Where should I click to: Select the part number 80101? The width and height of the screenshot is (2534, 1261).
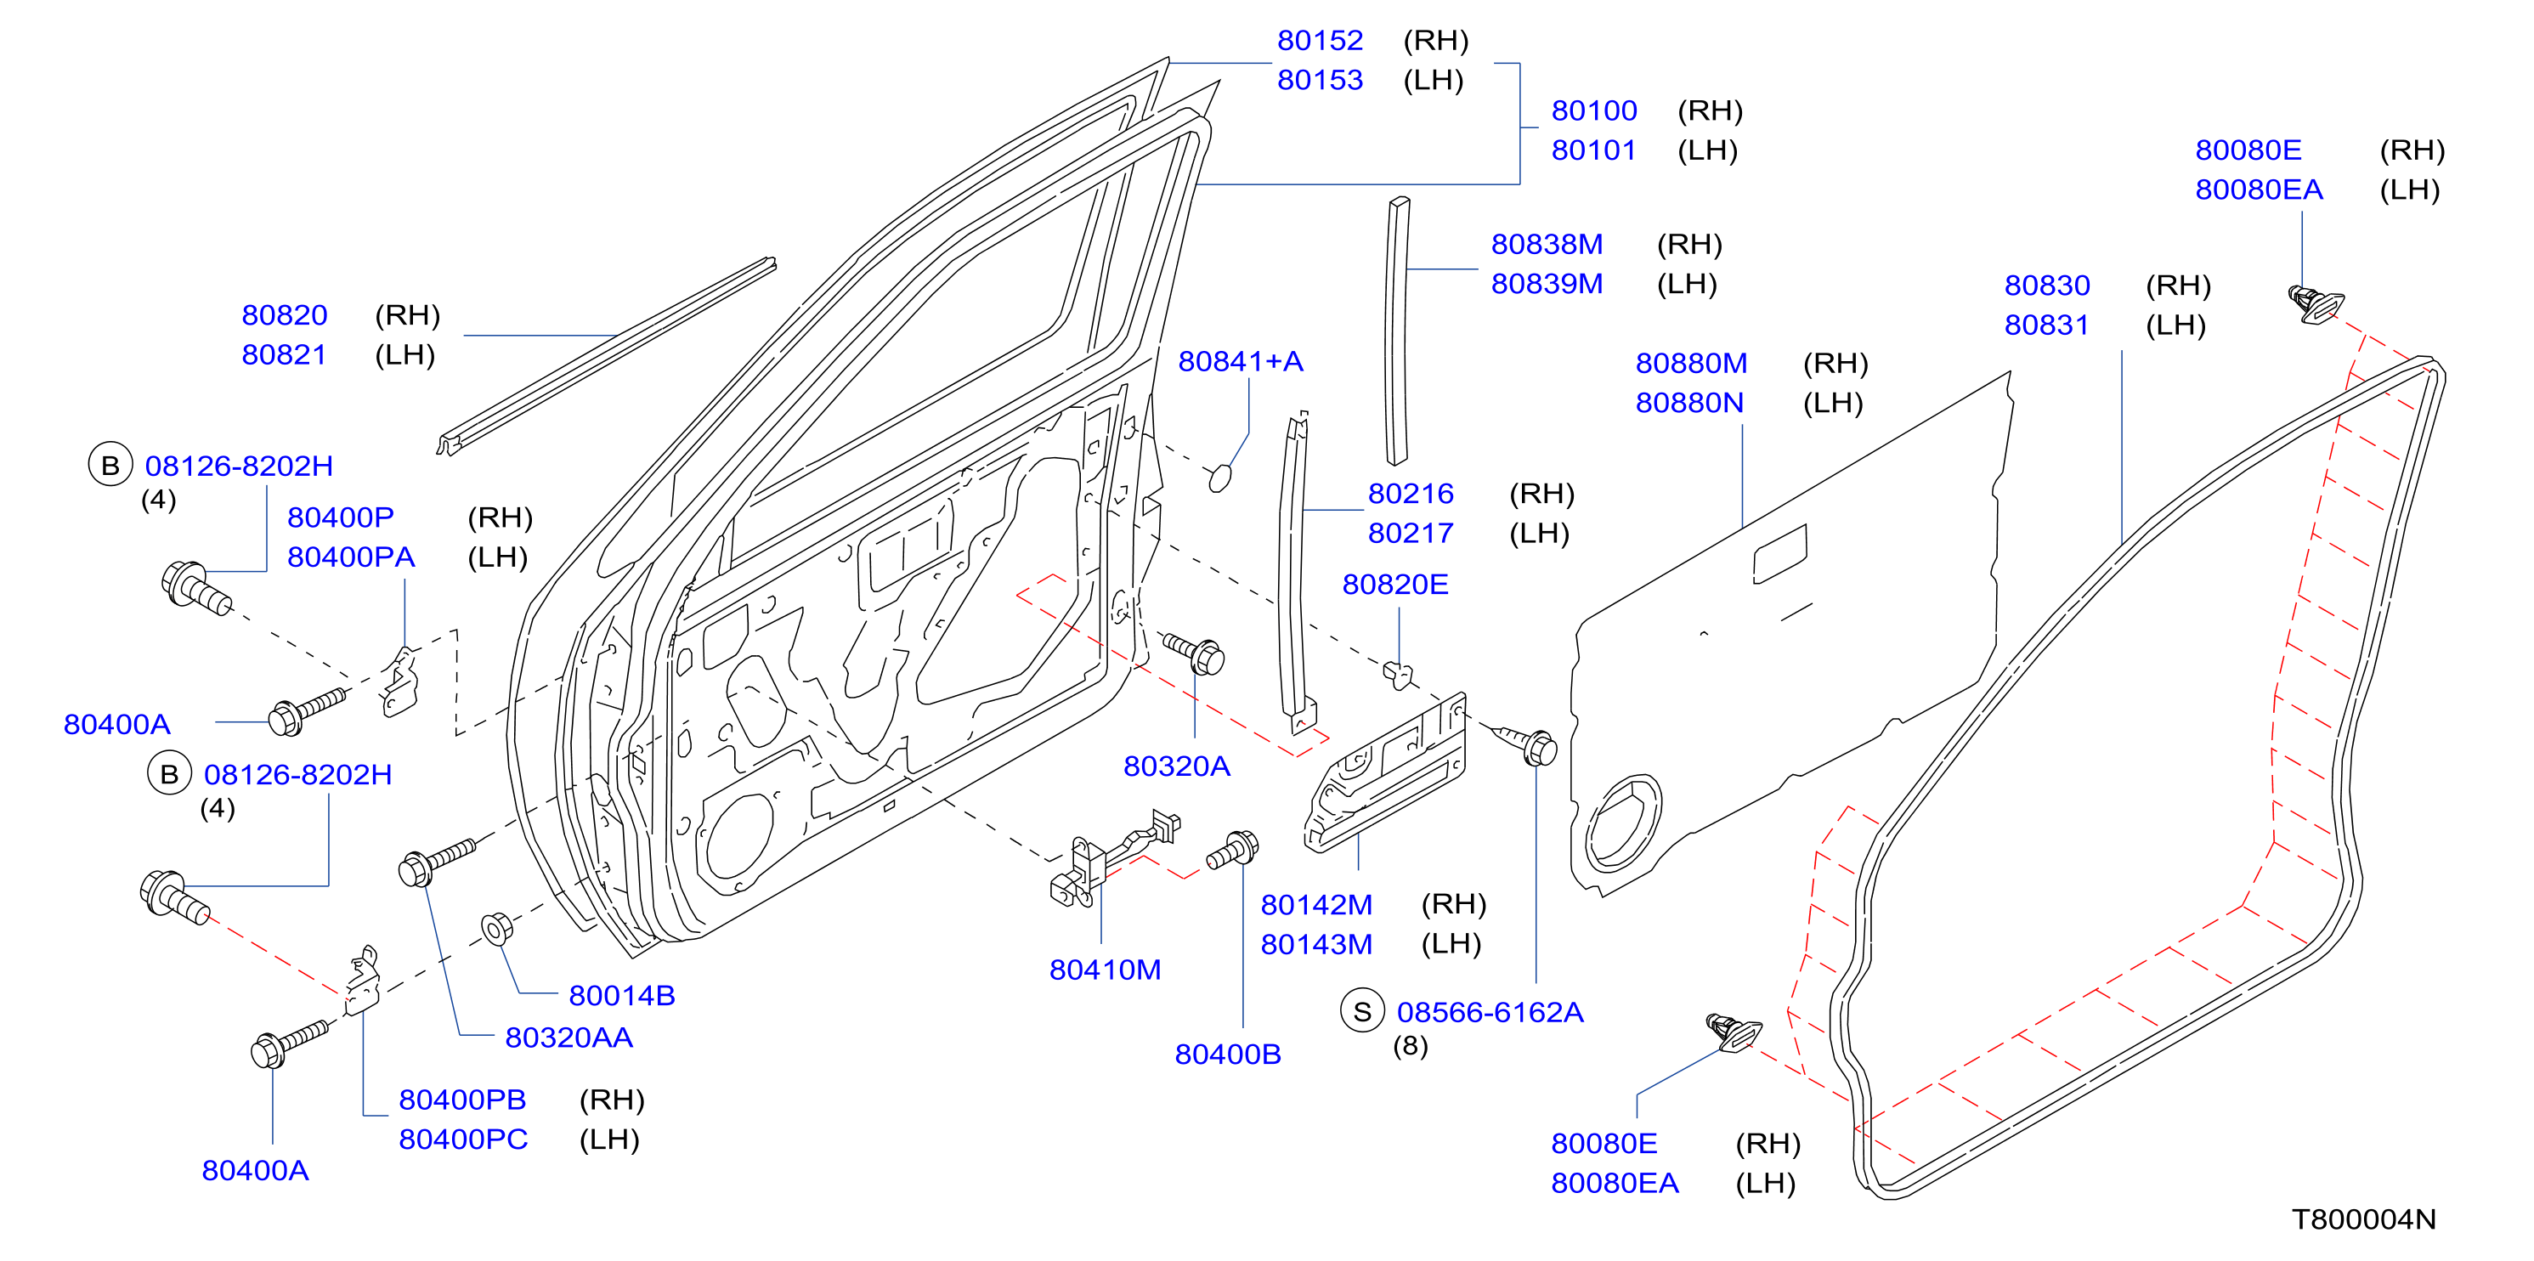click(x=1593, y=150)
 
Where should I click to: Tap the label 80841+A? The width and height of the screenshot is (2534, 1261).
click(x=1241, y=362)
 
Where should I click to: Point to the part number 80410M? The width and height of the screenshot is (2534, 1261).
click(x=1105, y=970)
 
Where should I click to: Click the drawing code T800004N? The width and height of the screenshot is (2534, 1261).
click(x=2364, y=1219)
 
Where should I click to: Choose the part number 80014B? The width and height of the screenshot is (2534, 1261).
click(x=622, y=995)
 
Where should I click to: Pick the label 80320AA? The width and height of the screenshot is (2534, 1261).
click(x=568, y=1038)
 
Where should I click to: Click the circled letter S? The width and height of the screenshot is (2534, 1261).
click(x=1362, y=1011)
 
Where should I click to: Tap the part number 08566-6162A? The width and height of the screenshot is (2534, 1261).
click(x=1490, y=1012)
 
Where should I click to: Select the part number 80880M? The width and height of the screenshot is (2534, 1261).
click(x=1691, y=363)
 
